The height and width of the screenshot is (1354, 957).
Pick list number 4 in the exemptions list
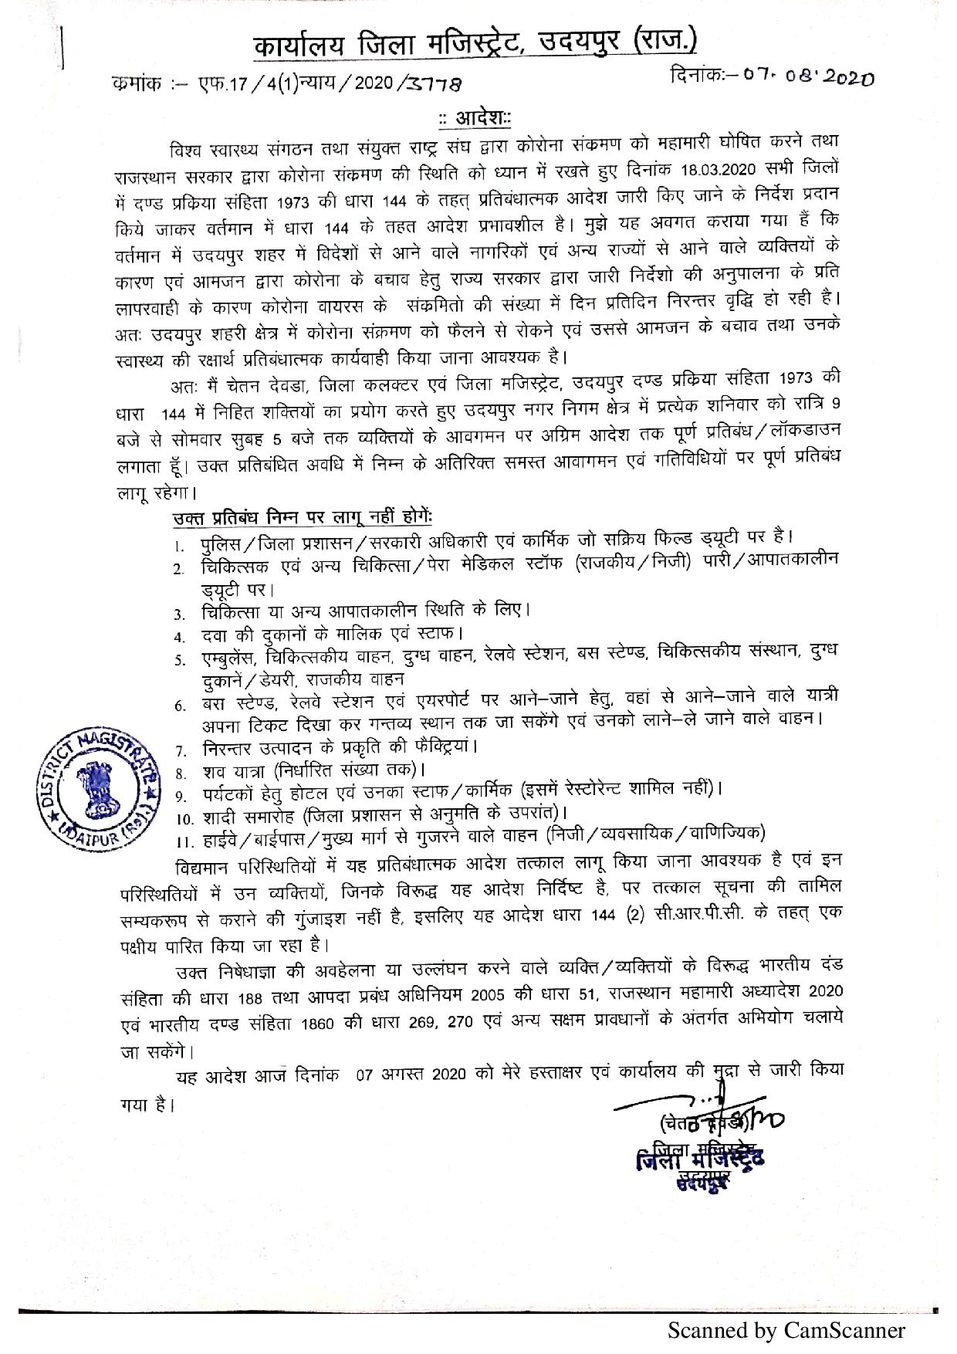(179, 637)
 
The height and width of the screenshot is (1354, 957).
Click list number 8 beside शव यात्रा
(179, 771)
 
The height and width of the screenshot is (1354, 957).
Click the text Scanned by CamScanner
(786, 1331)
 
